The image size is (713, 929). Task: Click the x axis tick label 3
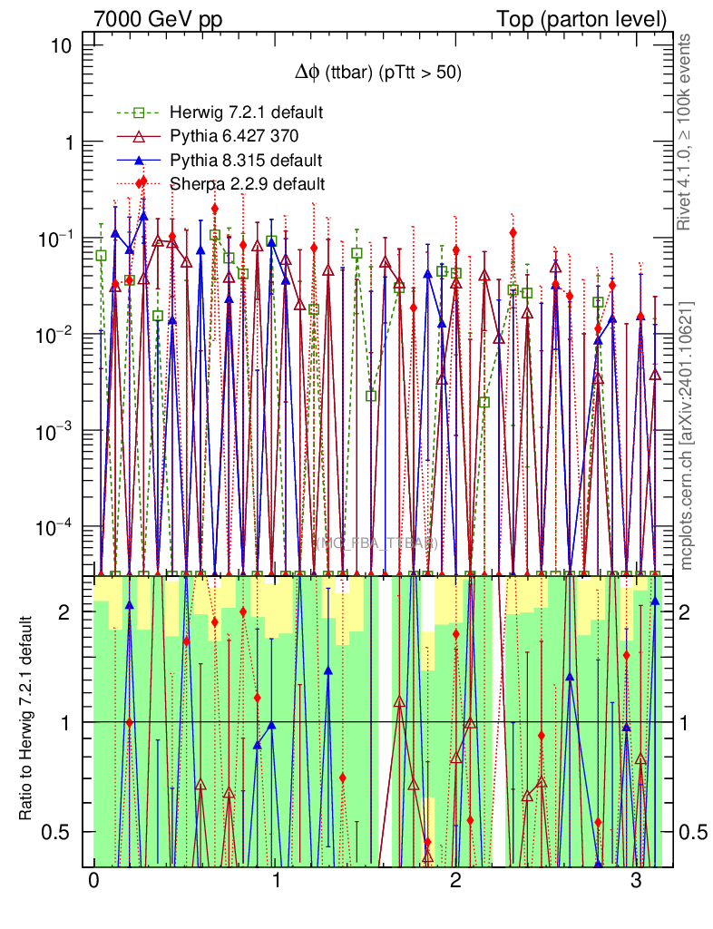point(636,882)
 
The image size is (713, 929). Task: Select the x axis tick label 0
point(93,882)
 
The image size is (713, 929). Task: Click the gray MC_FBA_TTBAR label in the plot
point(377,543)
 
